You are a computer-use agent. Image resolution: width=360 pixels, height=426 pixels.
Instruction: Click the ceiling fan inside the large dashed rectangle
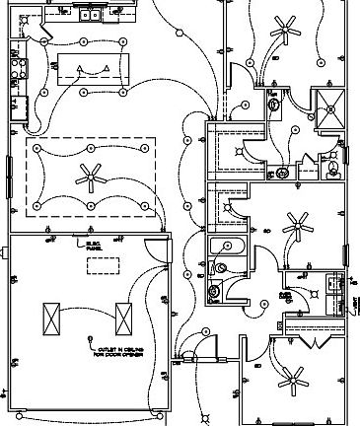pos(92,177)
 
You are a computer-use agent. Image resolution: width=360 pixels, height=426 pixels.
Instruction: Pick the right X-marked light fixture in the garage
pos(125,319)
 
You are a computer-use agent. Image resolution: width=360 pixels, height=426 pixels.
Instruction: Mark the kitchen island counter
pos(93,69)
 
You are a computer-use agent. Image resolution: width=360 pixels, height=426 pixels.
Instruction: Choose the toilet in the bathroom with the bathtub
pos(221,267)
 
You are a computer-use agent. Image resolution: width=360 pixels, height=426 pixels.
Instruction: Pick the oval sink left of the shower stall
pos(275,105)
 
